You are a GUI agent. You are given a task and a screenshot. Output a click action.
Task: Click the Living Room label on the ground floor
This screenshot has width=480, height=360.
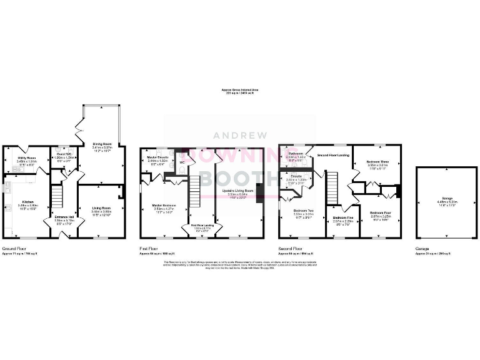tap(101, 211)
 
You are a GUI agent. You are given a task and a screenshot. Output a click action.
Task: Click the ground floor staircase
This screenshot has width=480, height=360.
tap(57, 196)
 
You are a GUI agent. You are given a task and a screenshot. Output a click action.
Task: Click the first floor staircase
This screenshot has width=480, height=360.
tap(194, 191)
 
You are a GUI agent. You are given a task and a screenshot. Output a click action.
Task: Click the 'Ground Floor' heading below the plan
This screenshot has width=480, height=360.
tap(14, 249)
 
